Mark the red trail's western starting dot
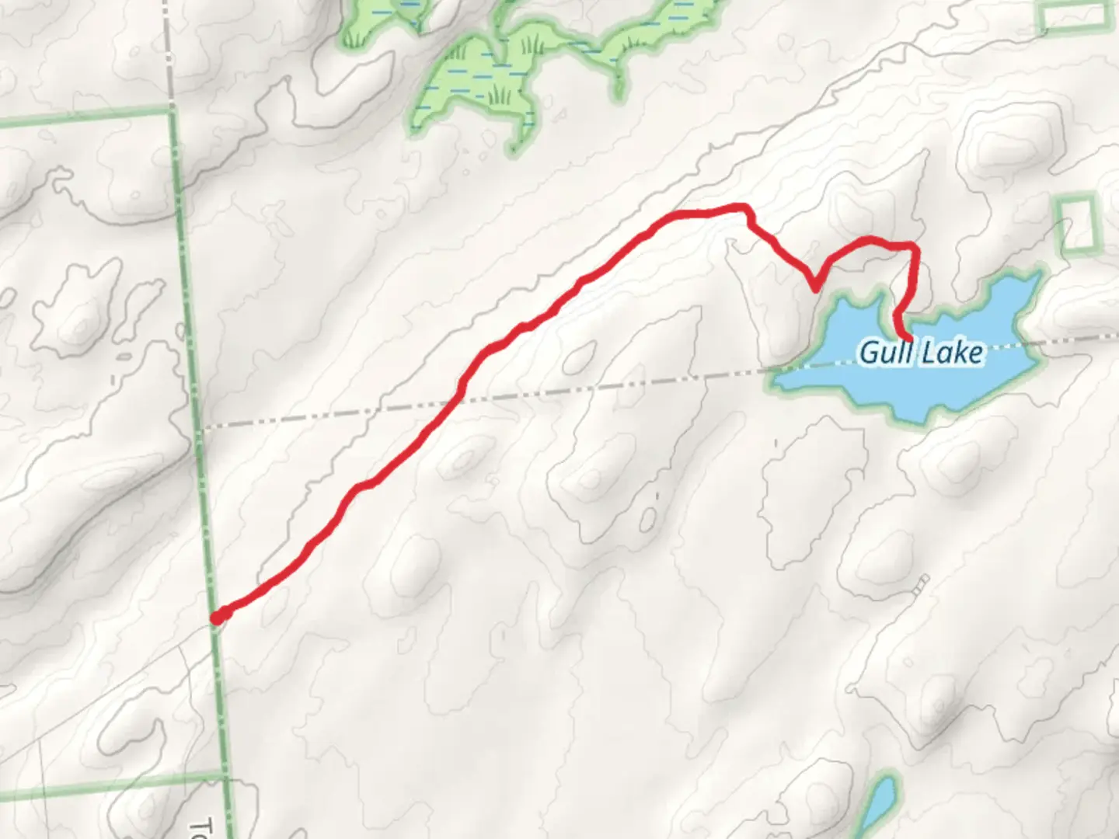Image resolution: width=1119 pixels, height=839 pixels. click(219, 617)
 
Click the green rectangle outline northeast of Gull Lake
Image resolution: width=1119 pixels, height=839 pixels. click(1078, 223)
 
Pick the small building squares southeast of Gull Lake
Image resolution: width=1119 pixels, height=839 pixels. click(921, 584)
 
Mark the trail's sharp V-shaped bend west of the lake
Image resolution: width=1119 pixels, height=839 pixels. click(814, 289)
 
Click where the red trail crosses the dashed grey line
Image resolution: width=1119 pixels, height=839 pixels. click(458, 399)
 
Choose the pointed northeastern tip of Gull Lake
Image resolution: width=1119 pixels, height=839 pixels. click(1037, 273)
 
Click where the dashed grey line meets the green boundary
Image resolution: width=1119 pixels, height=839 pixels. click(201, 426)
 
